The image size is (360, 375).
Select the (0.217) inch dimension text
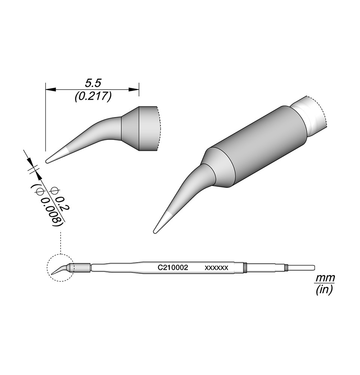[93, 97]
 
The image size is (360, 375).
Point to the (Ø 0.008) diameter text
[47, 205]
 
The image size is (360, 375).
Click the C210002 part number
[173, 268]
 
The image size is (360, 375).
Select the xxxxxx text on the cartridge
[217, 268]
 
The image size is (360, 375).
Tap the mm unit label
[325, 278]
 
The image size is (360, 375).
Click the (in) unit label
[324, 290]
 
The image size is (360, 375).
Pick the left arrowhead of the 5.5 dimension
[51, 90]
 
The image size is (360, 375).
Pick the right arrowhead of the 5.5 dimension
[134, 90]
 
